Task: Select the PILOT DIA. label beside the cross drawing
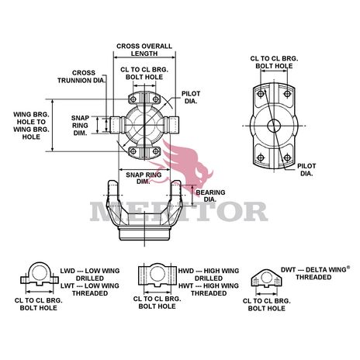point(191,96)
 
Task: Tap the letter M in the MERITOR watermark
point(111,209)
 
